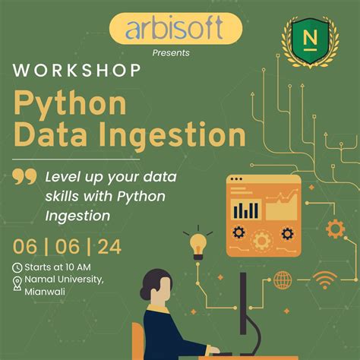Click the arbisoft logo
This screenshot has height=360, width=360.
click(x=175, y=30)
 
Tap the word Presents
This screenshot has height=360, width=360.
click(x=172, y=52)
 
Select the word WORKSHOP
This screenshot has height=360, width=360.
click(x=76, y=71)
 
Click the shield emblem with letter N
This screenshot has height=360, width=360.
click(x=309, y=37)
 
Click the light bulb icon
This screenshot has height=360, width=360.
click(x=197, y=244)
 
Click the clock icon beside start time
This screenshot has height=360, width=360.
click(x=17, y=267)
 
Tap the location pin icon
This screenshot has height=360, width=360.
click(x=17, y=283)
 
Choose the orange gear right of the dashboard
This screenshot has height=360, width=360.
click(x=334, y=228)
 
